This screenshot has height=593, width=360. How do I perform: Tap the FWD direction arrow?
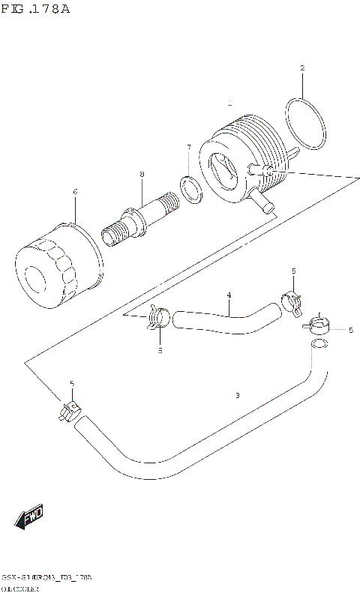coord(29,518)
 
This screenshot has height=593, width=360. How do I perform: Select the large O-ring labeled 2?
coord(305,124)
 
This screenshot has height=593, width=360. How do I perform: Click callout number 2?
coord(302,69)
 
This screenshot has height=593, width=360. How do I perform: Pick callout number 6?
coord(75,192)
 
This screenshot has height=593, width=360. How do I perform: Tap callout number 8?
coord(141,175)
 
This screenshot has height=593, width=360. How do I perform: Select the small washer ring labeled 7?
coord(190,190)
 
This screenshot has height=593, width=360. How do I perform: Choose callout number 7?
coord(188,148)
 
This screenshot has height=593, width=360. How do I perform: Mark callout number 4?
coord(229,295)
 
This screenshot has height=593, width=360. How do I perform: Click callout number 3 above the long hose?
coord(237,395)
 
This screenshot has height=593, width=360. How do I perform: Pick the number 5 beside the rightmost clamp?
coord(350,330)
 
